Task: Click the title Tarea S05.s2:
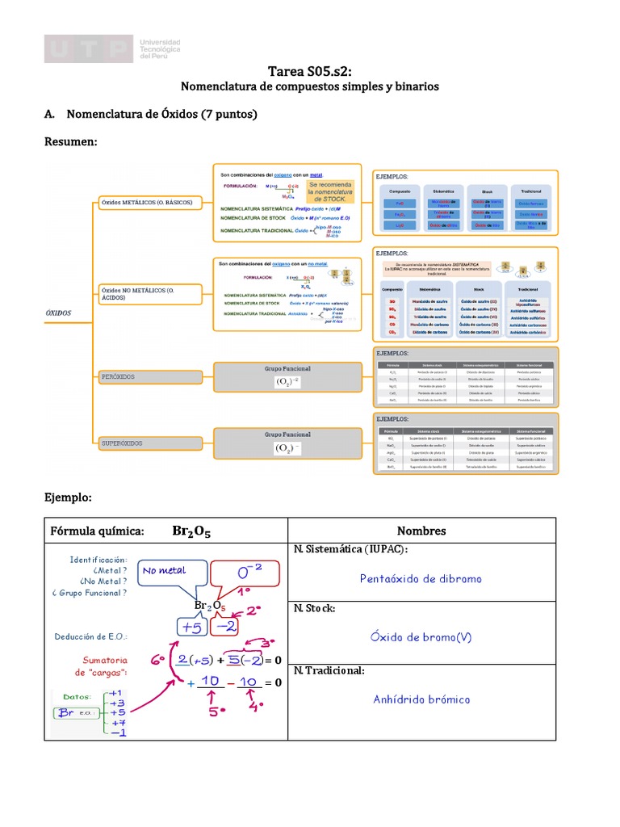(310, 72)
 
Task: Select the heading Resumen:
(71, 142)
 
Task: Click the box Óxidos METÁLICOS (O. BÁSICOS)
(148, 202)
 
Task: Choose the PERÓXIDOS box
(149, 377)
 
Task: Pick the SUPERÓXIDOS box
(149, 443)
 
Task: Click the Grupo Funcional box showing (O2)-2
(287, 376)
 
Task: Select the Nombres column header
(421, 531)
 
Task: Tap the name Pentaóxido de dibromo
(421, 578)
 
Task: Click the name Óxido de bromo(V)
(421, 637)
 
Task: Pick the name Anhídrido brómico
(421, 699)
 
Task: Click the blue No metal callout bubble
(166, 572)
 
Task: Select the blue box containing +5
(191, 627)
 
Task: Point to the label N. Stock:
(315, 608)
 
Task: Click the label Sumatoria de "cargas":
(103, 665)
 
